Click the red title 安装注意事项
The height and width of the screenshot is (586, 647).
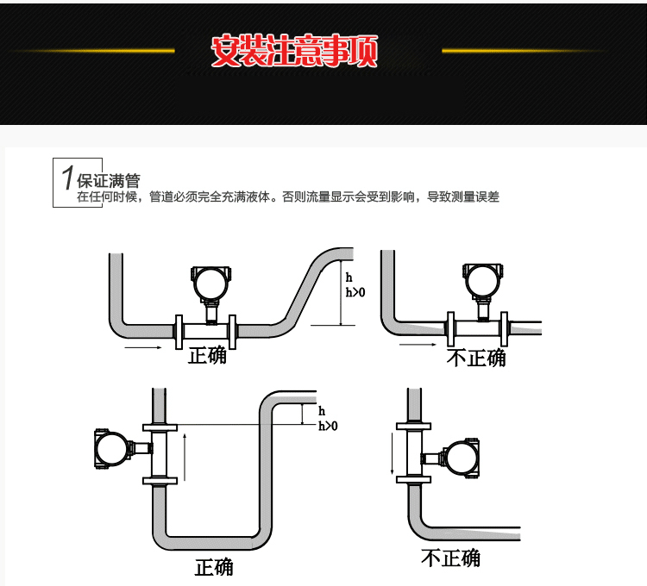coord(294,52)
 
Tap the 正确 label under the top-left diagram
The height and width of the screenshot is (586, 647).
coord(208,354)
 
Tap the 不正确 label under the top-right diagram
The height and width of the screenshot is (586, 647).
coord(476,358)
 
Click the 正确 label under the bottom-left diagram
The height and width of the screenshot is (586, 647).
coord(214,567)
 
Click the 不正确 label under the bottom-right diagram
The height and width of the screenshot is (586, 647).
coord(450,558)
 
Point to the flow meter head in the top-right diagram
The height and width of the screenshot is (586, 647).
coord(481,281)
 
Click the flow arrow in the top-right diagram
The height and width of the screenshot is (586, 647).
coord(417,345)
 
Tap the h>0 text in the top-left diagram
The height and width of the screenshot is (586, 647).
coord(355,292)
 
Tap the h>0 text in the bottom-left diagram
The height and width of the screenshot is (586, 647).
coord(328,426)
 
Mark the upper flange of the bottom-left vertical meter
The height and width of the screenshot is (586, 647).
coord(159,427)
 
